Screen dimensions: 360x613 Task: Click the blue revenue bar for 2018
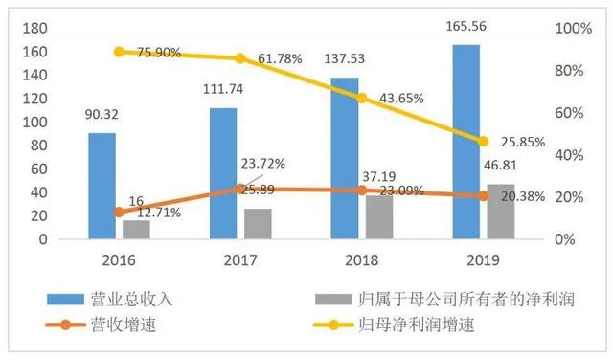[345, 157]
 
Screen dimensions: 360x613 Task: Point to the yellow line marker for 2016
[119, 52]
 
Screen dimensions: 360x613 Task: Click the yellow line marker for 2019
[484, 141]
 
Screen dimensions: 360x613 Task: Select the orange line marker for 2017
[240, 189]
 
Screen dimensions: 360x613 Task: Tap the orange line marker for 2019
[484, 195]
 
